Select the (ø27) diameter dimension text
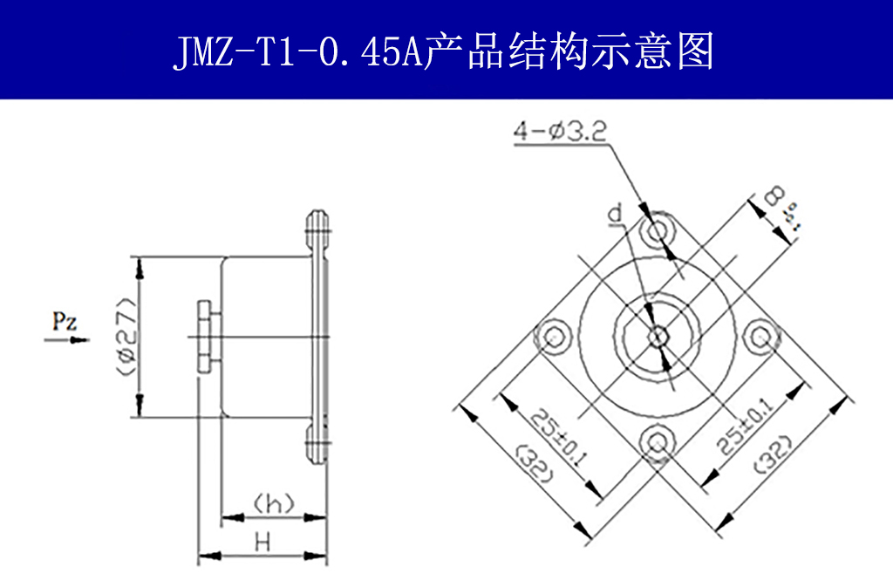(125, 337)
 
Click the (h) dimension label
(273, 503)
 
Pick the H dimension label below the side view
(262, 543)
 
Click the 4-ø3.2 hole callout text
(559, 132)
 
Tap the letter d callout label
(616, 213)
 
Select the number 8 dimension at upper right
(773, 197)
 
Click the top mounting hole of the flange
(658, 232)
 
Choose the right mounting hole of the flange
(761, 337)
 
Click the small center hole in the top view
(658, 337)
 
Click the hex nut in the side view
(205, 337)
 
